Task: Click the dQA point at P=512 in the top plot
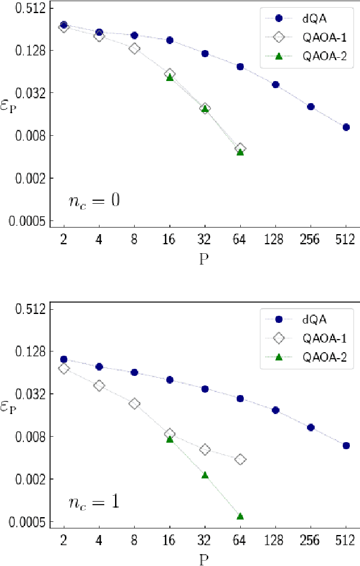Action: click(x=346, y=127)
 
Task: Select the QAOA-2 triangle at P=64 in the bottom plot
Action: click(x=240, y=516)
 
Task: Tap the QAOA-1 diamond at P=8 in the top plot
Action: click(x=134, y=48)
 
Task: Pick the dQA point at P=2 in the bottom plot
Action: click(x=64, y=359)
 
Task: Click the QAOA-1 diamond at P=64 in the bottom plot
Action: click(x=240, y=459)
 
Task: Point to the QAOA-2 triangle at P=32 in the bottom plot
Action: click(x=205, y=475)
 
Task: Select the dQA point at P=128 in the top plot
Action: click(x=275, y=85)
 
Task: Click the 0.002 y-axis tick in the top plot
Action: click(x=33, y=178)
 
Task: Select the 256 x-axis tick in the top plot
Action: click(x=311, y=240)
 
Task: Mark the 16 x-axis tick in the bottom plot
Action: click(x=170, y=541)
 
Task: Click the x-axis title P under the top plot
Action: click(x=204, y=259)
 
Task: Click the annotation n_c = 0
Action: click(x=94, y=200)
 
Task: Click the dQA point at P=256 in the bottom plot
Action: click(x=311, y=427)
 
